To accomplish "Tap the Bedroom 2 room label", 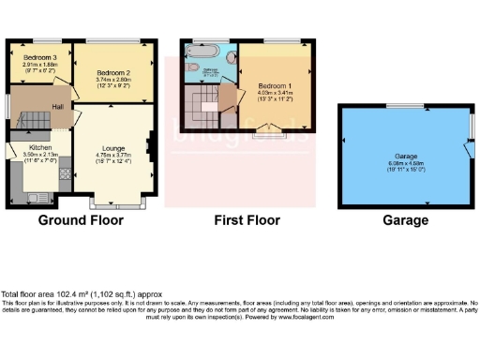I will tap(112, 72).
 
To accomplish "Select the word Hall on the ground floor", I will tap(58, 107).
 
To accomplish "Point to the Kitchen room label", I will tap(39, 147).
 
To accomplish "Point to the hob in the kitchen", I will tap(66, 173).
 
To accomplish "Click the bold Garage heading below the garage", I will tap(406, 221).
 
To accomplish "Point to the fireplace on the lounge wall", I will tap(148, 145).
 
